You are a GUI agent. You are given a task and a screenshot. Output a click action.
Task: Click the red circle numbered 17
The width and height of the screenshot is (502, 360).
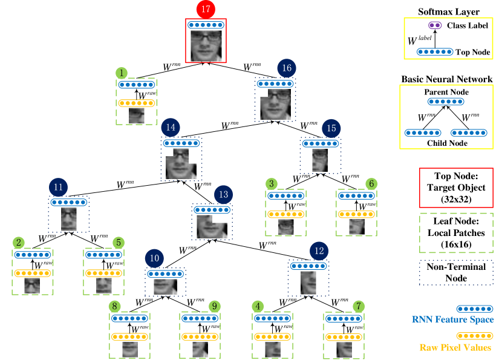pyautogui.click(x=206, y=9)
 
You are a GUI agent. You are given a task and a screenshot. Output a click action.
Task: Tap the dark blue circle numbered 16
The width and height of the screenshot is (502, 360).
pyautogui.click(x=287, y=68)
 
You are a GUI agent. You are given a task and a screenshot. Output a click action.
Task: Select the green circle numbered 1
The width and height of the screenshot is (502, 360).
pyautogui.click(x=122, y=73)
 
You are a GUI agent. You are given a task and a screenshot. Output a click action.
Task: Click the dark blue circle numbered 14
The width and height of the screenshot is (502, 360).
pyautogui.click(x=171, y=128)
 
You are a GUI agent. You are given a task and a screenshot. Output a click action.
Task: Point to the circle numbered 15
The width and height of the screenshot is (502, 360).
pyautogui.click(x=331, y=128)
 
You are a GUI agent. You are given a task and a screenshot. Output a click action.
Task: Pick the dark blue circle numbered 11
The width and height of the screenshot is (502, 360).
pyautogui.click(x=58, y=187)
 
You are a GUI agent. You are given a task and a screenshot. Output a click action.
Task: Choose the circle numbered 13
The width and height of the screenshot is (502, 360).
pyautogui.click(x=223, y=194)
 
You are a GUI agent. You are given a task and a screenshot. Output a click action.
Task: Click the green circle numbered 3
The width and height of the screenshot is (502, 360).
pyautogui.click(x=272, y=184)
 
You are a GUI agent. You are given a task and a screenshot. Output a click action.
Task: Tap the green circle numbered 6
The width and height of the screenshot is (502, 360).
pyautogui.click(x=371, y=184)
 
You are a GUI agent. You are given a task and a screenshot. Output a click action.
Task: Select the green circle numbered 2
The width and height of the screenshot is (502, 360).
pyautogui.click(x=19, y=243)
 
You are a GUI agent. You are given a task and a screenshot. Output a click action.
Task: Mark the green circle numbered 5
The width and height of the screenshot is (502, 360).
pyautogui.click(x=118, y=243)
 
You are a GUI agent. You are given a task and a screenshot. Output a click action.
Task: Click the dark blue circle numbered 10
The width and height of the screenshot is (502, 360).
pyautogui.click(x=154, y=258)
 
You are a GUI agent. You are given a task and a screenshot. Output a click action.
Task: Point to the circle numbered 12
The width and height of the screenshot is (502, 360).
pyautogui.click(x=319, y=251)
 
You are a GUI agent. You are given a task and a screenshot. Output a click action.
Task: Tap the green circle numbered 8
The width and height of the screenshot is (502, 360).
pyautogui.click(x=115, y=306)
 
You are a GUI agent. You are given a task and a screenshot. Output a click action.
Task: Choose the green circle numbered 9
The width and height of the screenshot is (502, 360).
pyautogui.click(x=214, y=306)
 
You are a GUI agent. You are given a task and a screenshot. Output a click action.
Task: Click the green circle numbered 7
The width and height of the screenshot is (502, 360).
pyautogui.click(x=358, y=306)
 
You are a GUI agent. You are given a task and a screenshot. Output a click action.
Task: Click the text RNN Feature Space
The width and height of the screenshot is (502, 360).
pyautogui.click(x=452, y=319)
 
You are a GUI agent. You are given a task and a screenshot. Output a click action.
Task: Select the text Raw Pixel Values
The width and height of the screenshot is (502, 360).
pyautogui.click(x=455, y=347)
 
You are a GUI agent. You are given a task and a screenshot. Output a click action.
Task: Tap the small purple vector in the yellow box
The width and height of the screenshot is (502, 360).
pyautogui.click(x=435, y=25)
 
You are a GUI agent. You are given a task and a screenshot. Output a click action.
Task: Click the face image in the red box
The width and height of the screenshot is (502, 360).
pyautogui.click(x=206, y=46)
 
